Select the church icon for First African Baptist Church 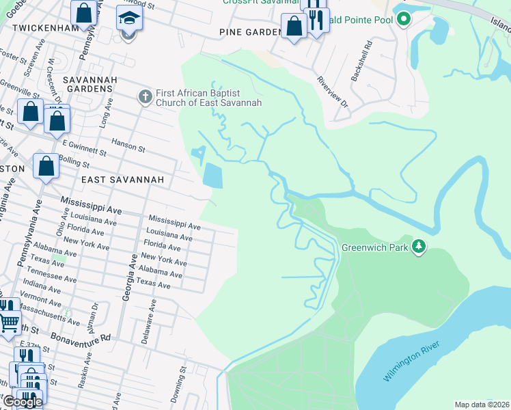[144, 96]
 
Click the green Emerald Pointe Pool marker [404, 19]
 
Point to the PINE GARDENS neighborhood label [250, 32]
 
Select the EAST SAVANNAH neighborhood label [123, 179]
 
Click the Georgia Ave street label [126, 284]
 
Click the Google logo [23, 402]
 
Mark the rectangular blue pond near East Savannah [212, 176]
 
